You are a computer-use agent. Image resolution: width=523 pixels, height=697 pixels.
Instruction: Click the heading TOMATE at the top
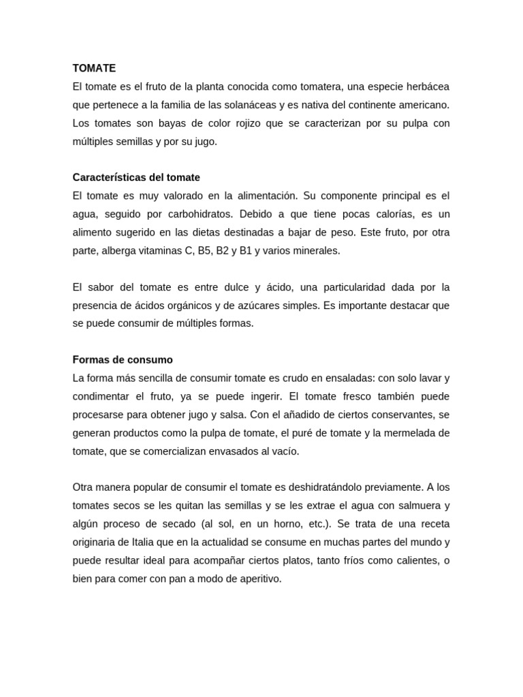94,68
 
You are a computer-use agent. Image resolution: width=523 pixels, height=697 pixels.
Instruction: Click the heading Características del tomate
136,178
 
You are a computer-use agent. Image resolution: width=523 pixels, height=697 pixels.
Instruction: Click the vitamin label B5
205,250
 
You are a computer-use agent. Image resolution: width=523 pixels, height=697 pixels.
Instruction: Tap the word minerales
317,250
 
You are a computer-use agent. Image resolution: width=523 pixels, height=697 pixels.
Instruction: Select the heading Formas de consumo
123,359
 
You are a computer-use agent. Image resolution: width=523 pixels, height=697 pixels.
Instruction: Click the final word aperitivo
257,579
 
